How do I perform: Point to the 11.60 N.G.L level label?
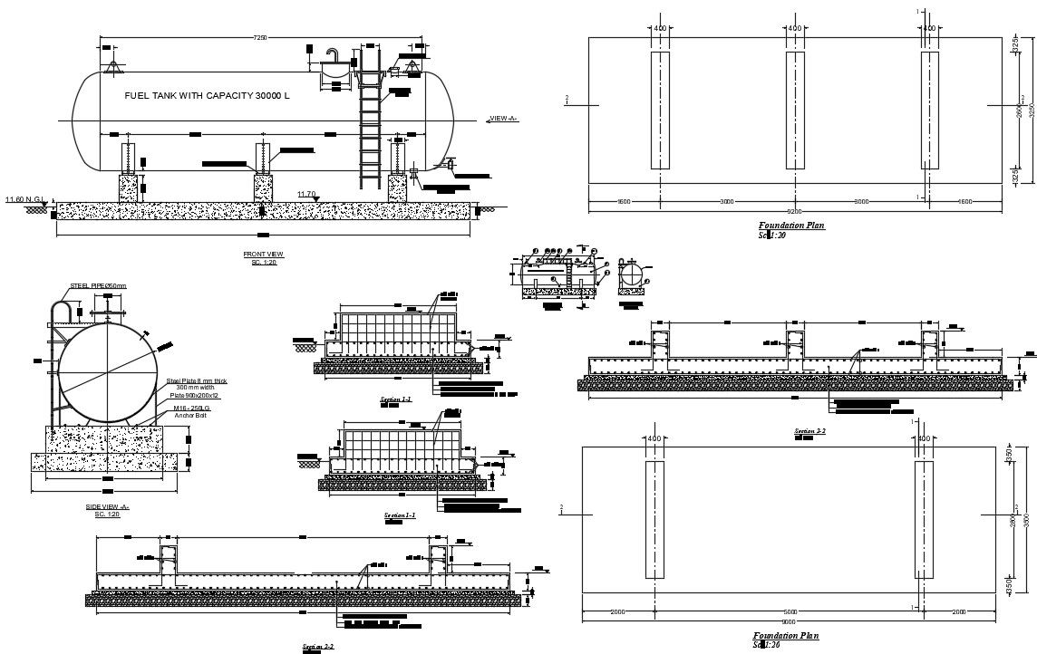pyautogui.click(x=24, y=199)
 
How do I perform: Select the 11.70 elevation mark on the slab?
pyautogui.click(x=306, y=194)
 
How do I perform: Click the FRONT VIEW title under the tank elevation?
pyautogui.click(x=263, y=254)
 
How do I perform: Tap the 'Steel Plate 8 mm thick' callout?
pyautogui.click(x=196, y=381)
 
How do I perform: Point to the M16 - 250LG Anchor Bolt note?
pyautogui.click(x=192, y=411)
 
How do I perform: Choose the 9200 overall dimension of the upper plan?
pyautogui.click(x=795, y=210)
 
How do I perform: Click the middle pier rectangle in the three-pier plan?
pyautogui.click(x=795, y=110)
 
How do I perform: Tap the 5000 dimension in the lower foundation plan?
pyautogui.click(x=790, y=612)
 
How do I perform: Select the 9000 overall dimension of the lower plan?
pyautogui.click(x=789, y=622)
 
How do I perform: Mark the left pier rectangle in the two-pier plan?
pyautogui.click(x=654, y=519)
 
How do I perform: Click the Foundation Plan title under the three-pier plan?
pyautogui.click(x=791, y=225)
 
